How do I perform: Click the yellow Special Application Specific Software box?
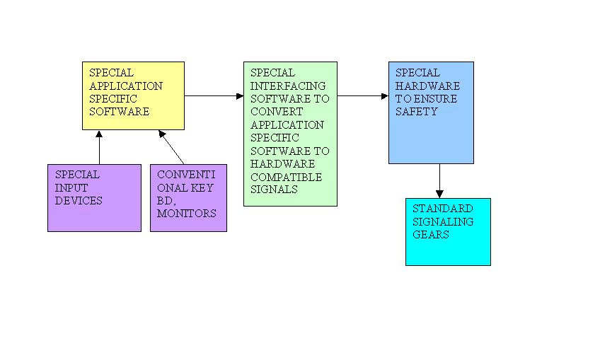133,95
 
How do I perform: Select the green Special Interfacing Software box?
290,134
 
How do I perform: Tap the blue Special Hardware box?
431,112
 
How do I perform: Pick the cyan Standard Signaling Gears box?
448,232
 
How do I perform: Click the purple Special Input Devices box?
94,197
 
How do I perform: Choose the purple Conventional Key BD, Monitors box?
188,197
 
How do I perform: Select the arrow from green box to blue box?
363,95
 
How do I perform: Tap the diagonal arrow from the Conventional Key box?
171,147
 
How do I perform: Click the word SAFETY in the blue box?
417,112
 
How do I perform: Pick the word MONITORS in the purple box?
187,214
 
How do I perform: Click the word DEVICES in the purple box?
79,201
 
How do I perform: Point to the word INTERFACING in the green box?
288,86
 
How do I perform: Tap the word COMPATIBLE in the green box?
286,177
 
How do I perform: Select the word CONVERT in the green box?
277,112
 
